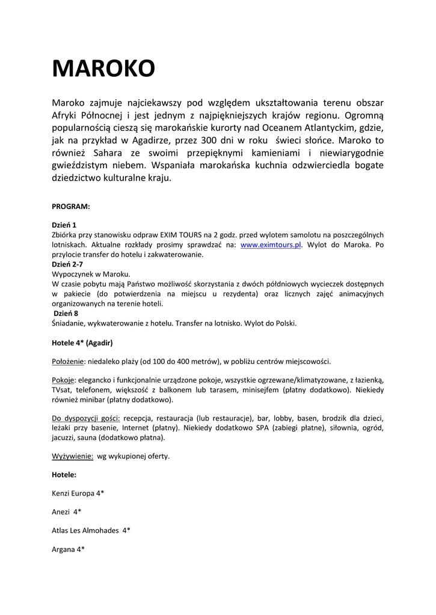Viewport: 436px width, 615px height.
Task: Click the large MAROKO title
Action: pos(103,68)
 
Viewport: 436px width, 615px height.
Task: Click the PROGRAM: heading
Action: pos(71,206)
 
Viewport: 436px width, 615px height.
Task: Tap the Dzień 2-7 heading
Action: pos(67,264)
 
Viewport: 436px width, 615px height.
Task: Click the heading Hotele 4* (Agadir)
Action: pos(82,342)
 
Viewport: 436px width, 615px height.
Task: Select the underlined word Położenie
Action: pos(68,362)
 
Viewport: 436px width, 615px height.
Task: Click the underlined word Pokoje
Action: pos(63,380)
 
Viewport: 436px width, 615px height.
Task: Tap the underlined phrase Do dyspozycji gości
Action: pos(86,418)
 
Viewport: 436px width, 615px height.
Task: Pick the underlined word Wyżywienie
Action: pos(72,456)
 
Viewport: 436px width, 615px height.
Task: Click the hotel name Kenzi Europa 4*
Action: pos(78,493)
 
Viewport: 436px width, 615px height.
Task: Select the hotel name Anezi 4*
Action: pos(67,512)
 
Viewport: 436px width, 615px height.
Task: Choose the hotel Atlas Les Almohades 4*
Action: pos(91,530)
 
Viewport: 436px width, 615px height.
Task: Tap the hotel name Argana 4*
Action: pos(68,549)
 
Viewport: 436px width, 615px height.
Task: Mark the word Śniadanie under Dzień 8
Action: pos(70,323)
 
